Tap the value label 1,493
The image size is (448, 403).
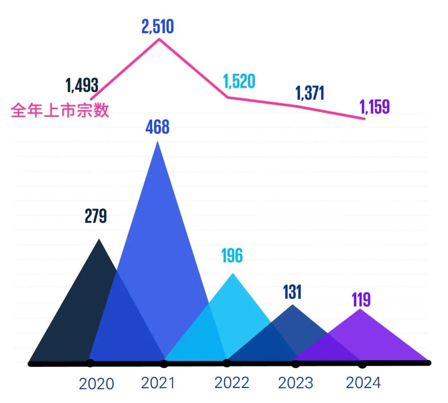pyautogui.click(x=82, y=86)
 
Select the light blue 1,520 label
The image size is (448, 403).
pyautogui.click(x=239, y=82)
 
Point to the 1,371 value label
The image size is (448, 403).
pyautogui.click(x=309, y=94)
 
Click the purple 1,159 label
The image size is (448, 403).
pyautogui.click(x=375, y=107)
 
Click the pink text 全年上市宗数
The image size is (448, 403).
pyautogui.click(x=60, y=110)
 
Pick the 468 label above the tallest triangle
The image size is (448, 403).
pyautogui.click(x=157, y=127)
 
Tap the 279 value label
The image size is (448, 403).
pyautogui.click(x=96, y=216)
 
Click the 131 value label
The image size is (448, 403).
pyautogui.click(x=292, y=292)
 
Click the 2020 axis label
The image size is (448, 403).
pyautogui.click(x=96, y=384)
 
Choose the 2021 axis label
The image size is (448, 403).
pyautogui.click(x=158, y=383)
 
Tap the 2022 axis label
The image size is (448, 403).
pyautogui.click(x=232, y=383)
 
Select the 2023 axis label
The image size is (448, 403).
pyautogui.click(x=295, y=383)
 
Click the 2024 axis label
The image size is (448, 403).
pyautogui.click(x=363, y=383)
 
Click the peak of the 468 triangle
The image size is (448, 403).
pyautogui.click(x=157, y=142)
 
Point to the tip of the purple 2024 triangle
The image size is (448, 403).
pyautogui.click(x=360, y=309)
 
